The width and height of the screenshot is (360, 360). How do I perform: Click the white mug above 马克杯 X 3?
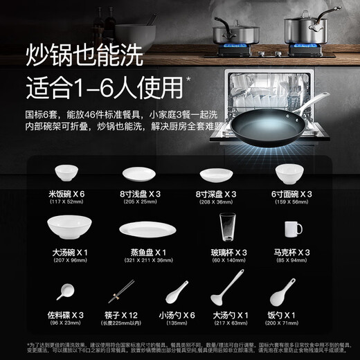coord(291,228)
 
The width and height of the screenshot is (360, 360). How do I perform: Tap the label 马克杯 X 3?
coord(291,252)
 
